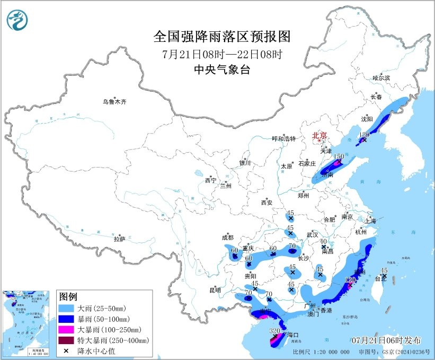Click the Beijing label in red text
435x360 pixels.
click(x=319, y=136)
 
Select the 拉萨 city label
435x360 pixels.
click(x=119, y=239)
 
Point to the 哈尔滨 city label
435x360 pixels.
click(x=380, y=78)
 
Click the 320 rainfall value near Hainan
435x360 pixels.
click(x=274, y=331)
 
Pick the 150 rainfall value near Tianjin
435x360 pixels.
click(x=339, y=156)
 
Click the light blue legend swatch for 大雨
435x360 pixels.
click(x=66, y=308)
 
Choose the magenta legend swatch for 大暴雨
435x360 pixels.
click(x=66, y=330)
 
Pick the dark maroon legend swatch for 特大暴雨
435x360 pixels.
click(x=66, y=340)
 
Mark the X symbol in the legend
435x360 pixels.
click(x=66, y=351)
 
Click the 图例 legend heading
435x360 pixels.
click(x=68, y=295)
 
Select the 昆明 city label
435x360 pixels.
click(x=215, y=290)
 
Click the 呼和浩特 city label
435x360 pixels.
click(x=283, y=138)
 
